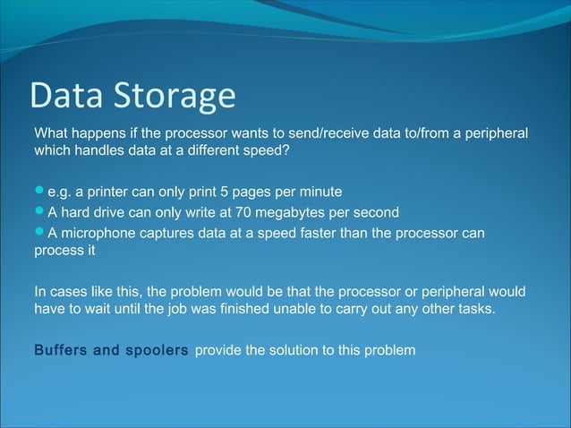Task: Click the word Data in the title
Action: click(67, 96)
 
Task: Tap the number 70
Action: click(242, 213)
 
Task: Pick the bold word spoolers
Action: click(157, 349)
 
